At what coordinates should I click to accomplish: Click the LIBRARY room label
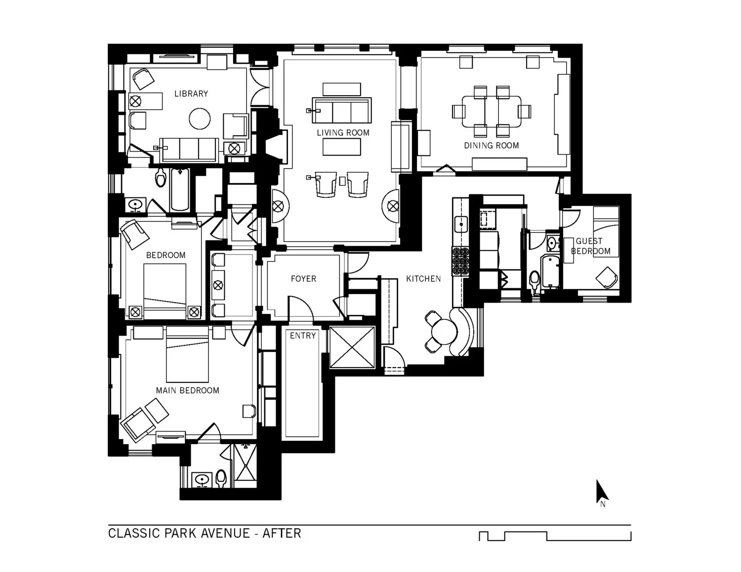point(191,94)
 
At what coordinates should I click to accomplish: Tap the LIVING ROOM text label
point(343,133)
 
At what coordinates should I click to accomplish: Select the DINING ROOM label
point(491,146)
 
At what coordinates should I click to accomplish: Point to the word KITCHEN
point(423,279)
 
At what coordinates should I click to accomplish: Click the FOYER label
point(303,279)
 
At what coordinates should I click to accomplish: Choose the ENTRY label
point(302,336)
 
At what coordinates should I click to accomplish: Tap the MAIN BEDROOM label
point(187,390)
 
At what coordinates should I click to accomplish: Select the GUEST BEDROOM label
point(590,246)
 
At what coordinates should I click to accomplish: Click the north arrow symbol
point(601,492)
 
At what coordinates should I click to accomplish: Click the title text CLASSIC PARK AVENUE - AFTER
point(205,534)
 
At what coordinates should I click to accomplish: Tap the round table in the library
point(200,119)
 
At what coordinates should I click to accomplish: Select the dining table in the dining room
point(491,112)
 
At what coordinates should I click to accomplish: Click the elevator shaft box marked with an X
point(352,347)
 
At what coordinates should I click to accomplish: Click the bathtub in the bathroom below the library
point(180,190)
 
